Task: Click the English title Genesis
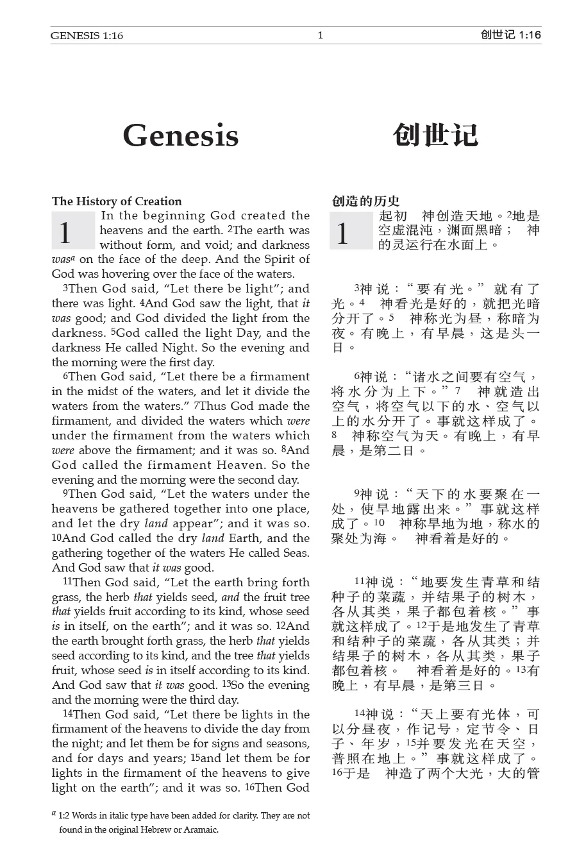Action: [180, 135]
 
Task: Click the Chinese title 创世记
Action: [435, 135]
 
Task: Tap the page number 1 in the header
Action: [320, 35]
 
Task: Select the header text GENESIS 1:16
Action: [87, 36]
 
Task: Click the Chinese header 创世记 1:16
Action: [510, 35]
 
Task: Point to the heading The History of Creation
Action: [117, 201]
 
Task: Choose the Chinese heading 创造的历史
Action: [365, 201]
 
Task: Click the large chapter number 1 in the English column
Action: [65, 232]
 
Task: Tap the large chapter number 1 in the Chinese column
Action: [342, 232]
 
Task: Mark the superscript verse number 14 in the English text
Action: [67, 713]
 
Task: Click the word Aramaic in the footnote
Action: [201, 829]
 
